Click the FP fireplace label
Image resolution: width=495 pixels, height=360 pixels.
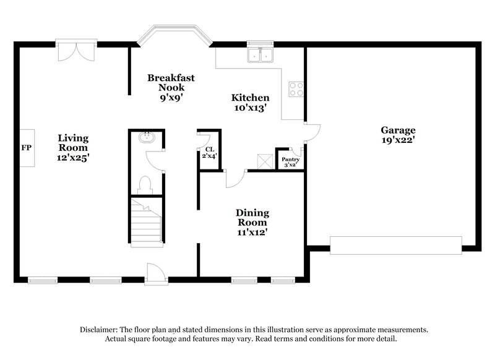point(26,148)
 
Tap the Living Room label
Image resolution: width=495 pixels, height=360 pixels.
point(73,148)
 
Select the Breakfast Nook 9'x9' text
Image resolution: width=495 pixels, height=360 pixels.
point(171,87)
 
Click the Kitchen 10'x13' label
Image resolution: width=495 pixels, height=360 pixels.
point(250,103)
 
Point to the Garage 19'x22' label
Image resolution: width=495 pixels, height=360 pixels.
point(398,135)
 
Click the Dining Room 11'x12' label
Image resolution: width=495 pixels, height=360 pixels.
point(252,223)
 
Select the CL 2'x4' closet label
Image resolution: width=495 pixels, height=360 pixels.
point(209,153)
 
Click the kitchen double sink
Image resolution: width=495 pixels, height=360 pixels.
point(260,56)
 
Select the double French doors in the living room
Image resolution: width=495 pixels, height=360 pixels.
point(75,50)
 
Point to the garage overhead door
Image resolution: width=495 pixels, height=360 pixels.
point(396,245)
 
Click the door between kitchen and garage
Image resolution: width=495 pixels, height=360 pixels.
point(312,132)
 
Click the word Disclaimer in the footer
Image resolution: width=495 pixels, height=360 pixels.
point(101,330)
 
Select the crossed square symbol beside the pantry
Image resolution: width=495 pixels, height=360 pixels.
point(265,161)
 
